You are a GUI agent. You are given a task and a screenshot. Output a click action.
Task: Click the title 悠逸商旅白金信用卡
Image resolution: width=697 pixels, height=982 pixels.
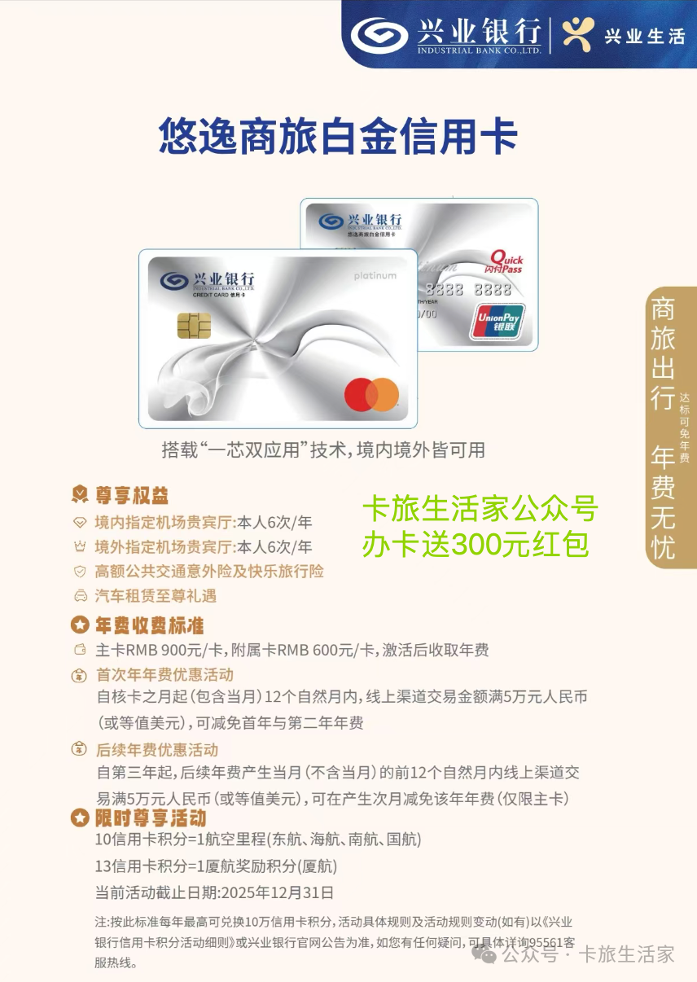pos(337,137)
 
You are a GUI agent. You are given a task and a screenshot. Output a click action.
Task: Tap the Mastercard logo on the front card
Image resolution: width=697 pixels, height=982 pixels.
pos(371,395)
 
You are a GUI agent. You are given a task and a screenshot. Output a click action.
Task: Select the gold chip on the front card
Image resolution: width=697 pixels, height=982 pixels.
pos(194,326)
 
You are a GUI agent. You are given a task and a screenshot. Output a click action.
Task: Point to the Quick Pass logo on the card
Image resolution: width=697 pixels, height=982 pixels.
pos(506,262)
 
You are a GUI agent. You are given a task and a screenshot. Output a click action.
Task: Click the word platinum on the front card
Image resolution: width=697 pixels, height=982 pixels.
pos(375,276)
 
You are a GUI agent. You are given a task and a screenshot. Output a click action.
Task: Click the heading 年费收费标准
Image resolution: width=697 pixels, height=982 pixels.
pos(149,625)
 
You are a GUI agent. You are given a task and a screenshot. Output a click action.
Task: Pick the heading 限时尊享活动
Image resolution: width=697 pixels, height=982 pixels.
pos(150,818)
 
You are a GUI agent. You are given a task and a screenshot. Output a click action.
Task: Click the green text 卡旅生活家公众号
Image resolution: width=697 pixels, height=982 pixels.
pos(480,509)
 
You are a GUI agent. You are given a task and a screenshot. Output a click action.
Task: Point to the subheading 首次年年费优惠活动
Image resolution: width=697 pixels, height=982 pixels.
pos(164,674)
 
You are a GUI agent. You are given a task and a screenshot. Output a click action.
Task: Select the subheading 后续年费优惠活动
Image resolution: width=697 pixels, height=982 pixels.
pos(157,749)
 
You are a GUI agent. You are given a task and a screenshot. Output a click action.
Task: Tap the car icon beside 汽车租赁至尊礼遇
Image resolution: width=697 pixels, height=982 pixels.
pos(80,596)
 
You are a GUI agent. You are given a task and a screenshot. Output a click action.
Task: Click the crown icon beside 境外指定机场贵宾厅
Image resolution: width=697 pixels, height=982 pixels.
pos(80,546)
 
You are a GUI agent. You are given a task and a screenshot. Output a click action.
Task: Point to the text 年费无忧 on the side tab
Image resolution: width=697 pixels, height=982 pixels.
pos(663,502)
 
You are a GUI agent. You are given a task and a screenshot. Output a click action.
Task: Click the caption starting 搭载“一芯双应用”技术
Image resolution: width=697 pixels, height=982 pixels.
pos(323,449)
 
